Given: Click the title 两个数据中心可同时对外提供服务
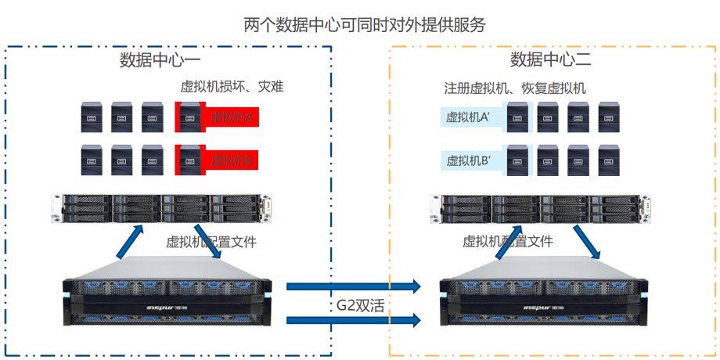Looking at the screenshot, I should (365, 24).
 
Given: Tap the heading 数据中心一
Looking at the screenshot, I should (160, 60).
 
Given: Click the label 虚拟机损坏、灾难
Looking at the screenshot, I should (232, 87).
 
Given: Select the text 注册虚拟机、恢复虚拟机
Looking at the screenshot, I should (515, 88).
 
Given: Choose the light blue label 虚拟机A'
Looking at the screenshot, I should (468, 118).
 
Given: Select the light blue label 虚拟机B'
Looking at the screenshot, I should (468, 161).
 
